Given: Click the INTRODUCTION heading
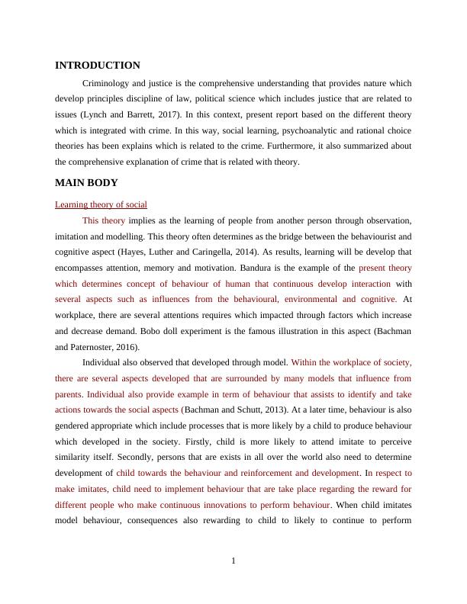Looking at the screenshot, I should pyautogui.click(x=98, y=66).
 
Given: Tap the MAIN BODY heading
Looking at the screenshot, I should pyautogui.click(x=86, y=183).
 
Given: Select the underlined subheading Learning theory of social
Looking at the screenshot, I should pyautogui.click(x=101, y=204).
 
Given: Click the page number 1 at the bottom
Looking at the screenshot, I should pyautogui.click(x=233, y=561).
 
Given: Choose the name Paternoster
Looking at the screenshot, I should pyautogui.click(x=101, y=348).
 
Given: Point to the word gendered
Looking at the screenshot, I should pyautogui.click(x=76, y=426).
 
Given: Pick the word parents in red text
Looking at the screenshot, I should pyautogui.click(x=69, y=394).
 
